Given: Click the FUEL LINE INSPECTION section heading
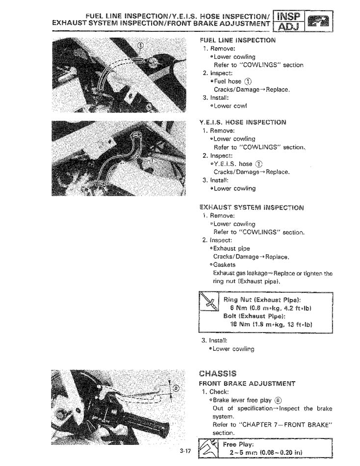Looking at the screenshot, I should (x=237, y=40).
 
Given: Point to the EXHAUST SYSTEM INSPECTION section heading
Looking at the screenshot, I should (x=251, y=207).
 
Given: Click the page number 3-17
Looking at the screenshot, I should (x=184, y=451).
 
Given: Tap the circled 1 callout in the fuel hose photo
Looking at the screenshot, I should (x=142, y=46).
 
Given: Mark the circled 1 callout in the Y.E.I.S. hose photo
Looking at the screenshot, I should (x=153, y=160).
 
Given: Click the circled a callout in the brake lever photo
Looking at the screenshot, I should (x=176, y=389).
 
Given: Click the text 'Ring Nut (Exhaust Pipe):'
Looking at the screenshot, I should (x=262, y=300).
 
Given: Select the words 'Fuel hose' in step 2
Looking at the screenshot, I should (x=228, y=81).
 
